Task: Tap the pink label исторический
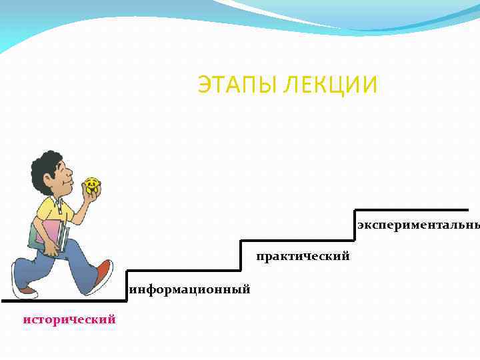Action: pos(69,319)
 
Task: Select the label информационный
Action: pos(190,289)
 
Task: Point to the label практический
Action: pos(303,257)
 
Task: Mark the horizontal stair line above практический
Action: pos(297,241)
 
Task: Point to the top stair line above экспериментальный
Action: pos(410,209)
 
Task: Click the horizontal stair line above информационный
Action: pos(183,271)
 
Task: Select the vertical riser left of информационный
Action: pos(126,285)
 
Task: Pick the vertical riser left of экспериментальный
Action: pos(354,225)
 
